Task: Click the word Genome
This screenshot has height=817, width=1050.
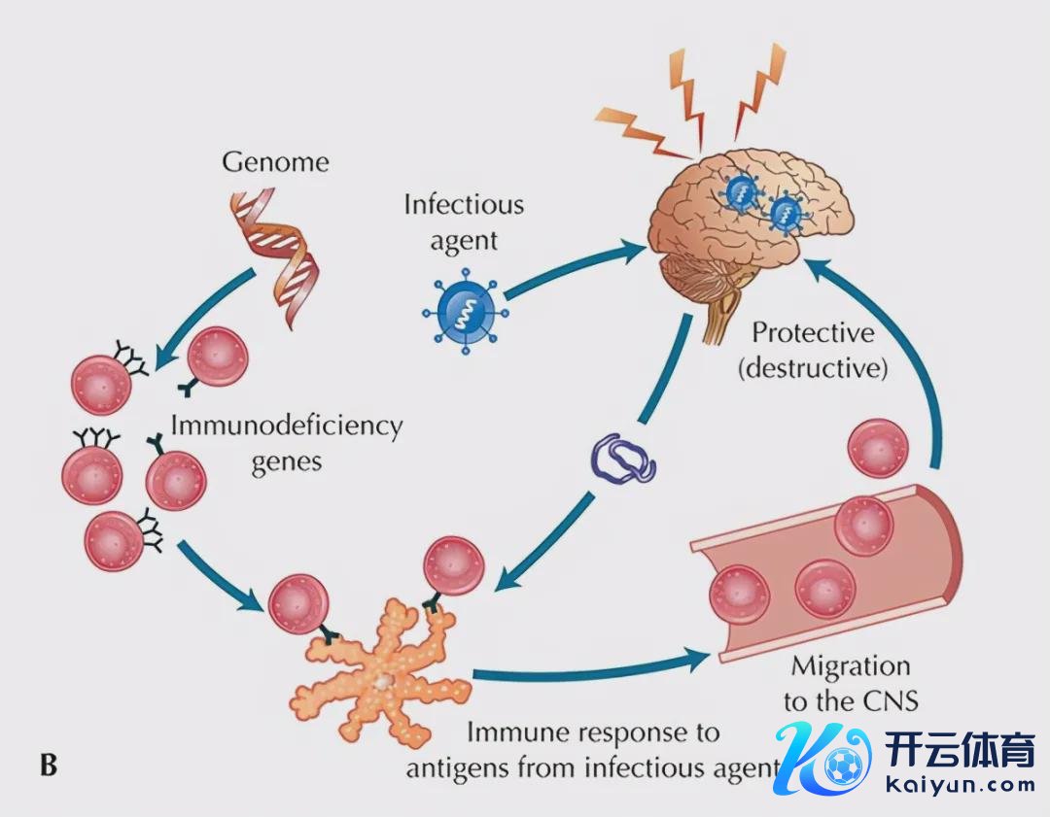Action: point(275,160)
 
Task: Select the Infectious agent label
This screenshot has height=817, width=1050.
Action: point(464,222)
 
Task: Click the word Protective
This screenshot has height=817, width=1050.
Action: point(813,334)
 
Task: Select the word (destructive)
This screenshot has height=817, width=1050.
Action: point(813,369)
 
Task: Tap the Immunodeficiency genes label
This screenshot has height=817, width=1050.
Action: point(286,442)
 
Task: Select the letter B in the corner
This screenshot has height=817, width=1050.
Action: point(48,766)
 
